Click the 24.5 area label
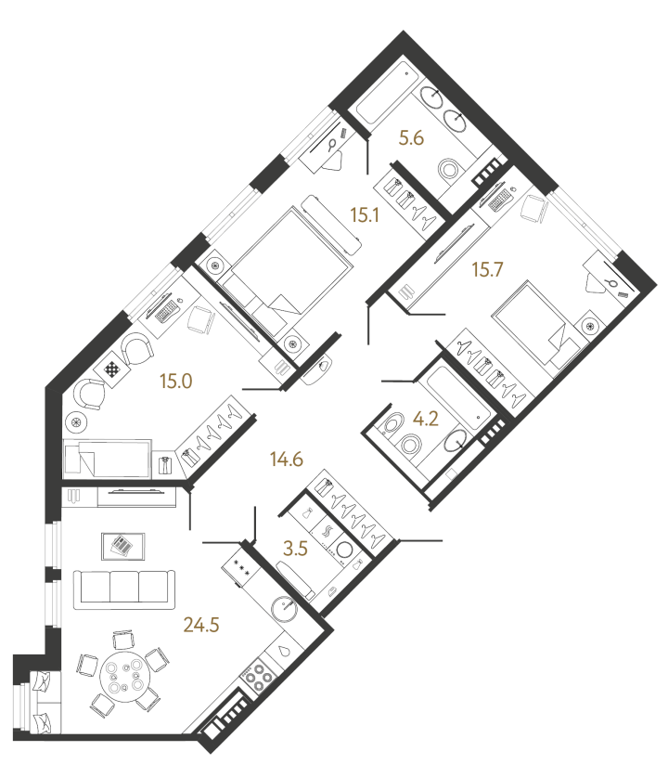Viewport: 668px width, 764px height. click(x=201, y=624)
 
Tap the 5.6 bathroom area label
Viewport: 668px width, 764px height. click(x=411, y=138)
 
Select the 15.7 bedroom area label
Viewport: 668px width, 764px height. click(x=488, y=269)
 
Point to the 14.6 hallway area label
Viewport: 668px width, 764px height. click(x=288, y=459)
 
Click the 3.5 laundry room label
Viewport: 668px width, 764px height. click(x=296, y=550)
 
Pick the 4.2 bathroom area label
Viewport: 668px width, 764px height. click(x=426, y=419)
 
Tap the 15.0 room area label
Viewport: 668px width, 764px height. click(x=176, y=381)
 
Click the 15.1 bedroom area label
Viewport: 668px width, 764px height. click(x=365, y=214)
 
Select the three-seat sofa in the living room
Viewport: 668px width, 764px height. click(x=124, y=589)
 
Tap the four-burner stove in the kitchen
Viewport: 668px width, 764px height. click(x=258, y=674)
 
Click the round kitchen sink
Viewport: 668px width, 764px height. click(x=283, y=608)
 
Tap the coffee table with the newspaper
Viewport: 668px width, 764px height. click(x=123, y=547)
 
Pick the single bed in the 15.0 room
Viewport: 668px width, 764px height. click(x=107, y=459)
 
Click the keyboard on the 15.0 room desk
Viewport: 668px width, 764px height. click(x=167, y=312)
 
